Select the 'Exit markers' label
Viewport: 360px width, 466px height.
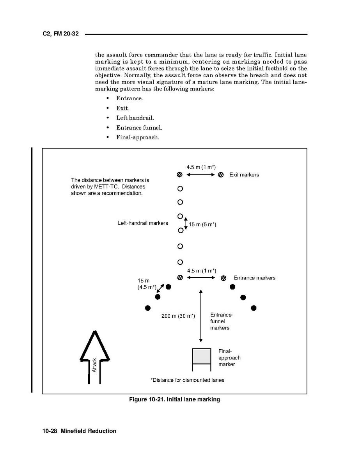[244, 175]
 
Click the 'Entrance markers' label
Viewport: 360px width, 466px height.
[254, 278]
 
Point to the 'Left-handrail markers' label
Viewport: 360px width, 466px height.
[143, 223]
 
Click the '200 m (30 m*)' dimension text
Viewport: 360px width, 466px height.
[178, 316]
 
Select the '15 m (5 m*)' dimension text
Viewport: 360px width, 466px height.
[202, 224]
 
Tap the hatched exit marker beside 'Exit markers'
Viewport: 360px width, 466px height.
[221, 175]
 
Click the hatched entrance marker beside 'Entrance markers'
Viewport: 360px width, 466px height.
[223, 278]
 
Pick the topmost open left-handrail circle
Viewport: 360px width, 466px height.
[180, 189]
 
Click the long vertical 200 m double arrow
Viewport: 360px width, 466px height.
[201, 316]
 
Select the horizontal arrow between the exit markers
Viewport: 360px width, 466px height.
[200, 175]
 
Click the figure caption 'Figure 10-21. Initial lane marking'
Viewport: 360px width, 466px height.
[174, 400]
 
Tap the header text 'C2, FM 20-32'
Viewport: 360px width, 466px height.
[60, 34]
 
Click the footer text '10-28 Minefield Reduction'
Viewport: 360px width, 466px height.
[79, 431]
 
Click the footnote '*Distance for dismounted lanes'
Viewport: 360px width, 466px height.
[187, 380]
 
